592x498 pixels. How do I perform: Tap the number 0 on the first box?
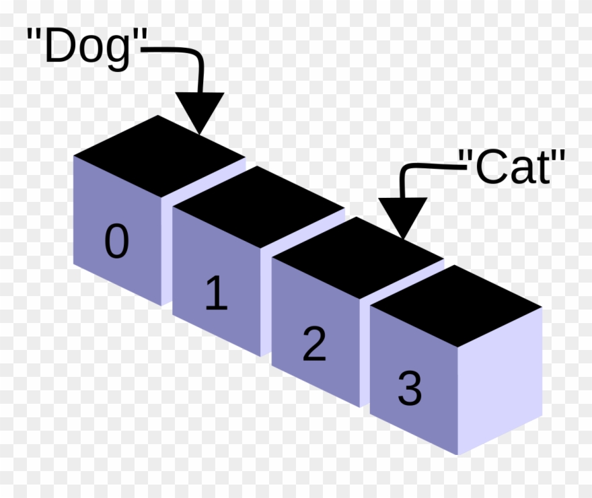[x=116, y=241]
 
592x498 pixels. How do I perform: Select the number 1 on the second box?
[x=217, y=293]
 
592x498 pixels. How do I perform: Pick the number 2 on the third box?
[x=314, y=344]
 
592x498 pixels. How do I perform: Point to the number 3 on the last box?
[x=410, y=388]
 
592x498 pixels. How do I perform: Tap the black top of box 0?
[x=159, y=155]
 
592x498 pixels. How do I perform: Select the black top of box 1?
[x=258, y=207]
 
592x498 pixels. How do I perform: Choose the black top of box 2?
[x=358, y=258]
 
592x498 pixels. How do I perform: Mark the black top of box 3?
[x=456, y=306]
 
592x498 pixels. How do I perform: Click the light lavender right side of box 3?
[x=500, y=382]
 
